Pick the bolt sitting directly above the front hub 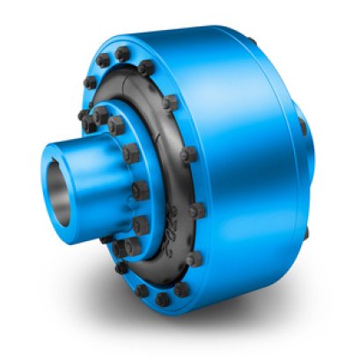(101, 115)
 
